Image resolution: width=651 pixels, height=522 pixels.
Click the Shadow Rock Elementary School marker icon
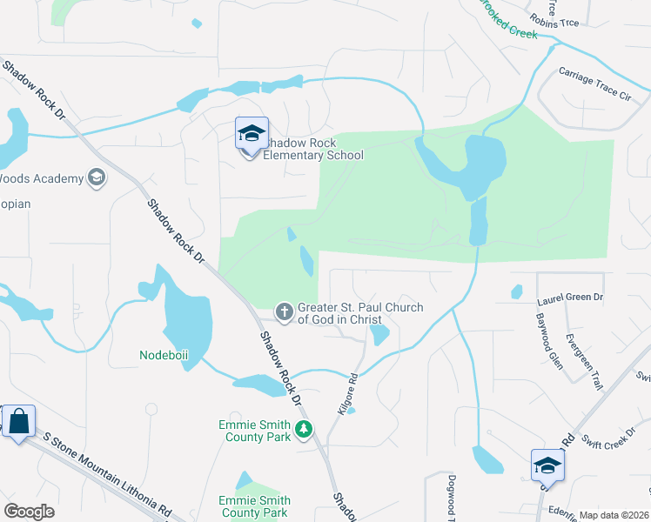251,134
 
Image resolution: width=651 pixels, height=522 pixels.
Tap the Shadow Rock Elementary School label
313,149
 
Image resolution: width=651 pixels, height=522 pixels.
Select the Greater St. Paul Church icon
284,311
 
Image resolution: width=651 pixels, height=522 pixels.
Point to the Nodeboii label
164,355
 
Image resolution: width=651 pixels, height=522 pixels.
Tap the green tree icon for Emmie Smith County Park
304,429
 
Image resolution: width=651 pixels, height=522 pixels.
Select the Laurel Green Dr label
570,298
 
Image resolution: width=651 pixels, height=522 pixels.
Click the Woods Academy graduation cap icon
97,178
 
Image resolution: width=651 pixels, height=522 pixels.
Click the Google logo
30,512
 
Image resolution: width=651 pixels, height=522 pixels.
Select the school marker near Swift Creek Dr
547,465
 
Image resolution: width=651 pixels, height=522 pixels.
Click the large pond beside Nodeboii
188,321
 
